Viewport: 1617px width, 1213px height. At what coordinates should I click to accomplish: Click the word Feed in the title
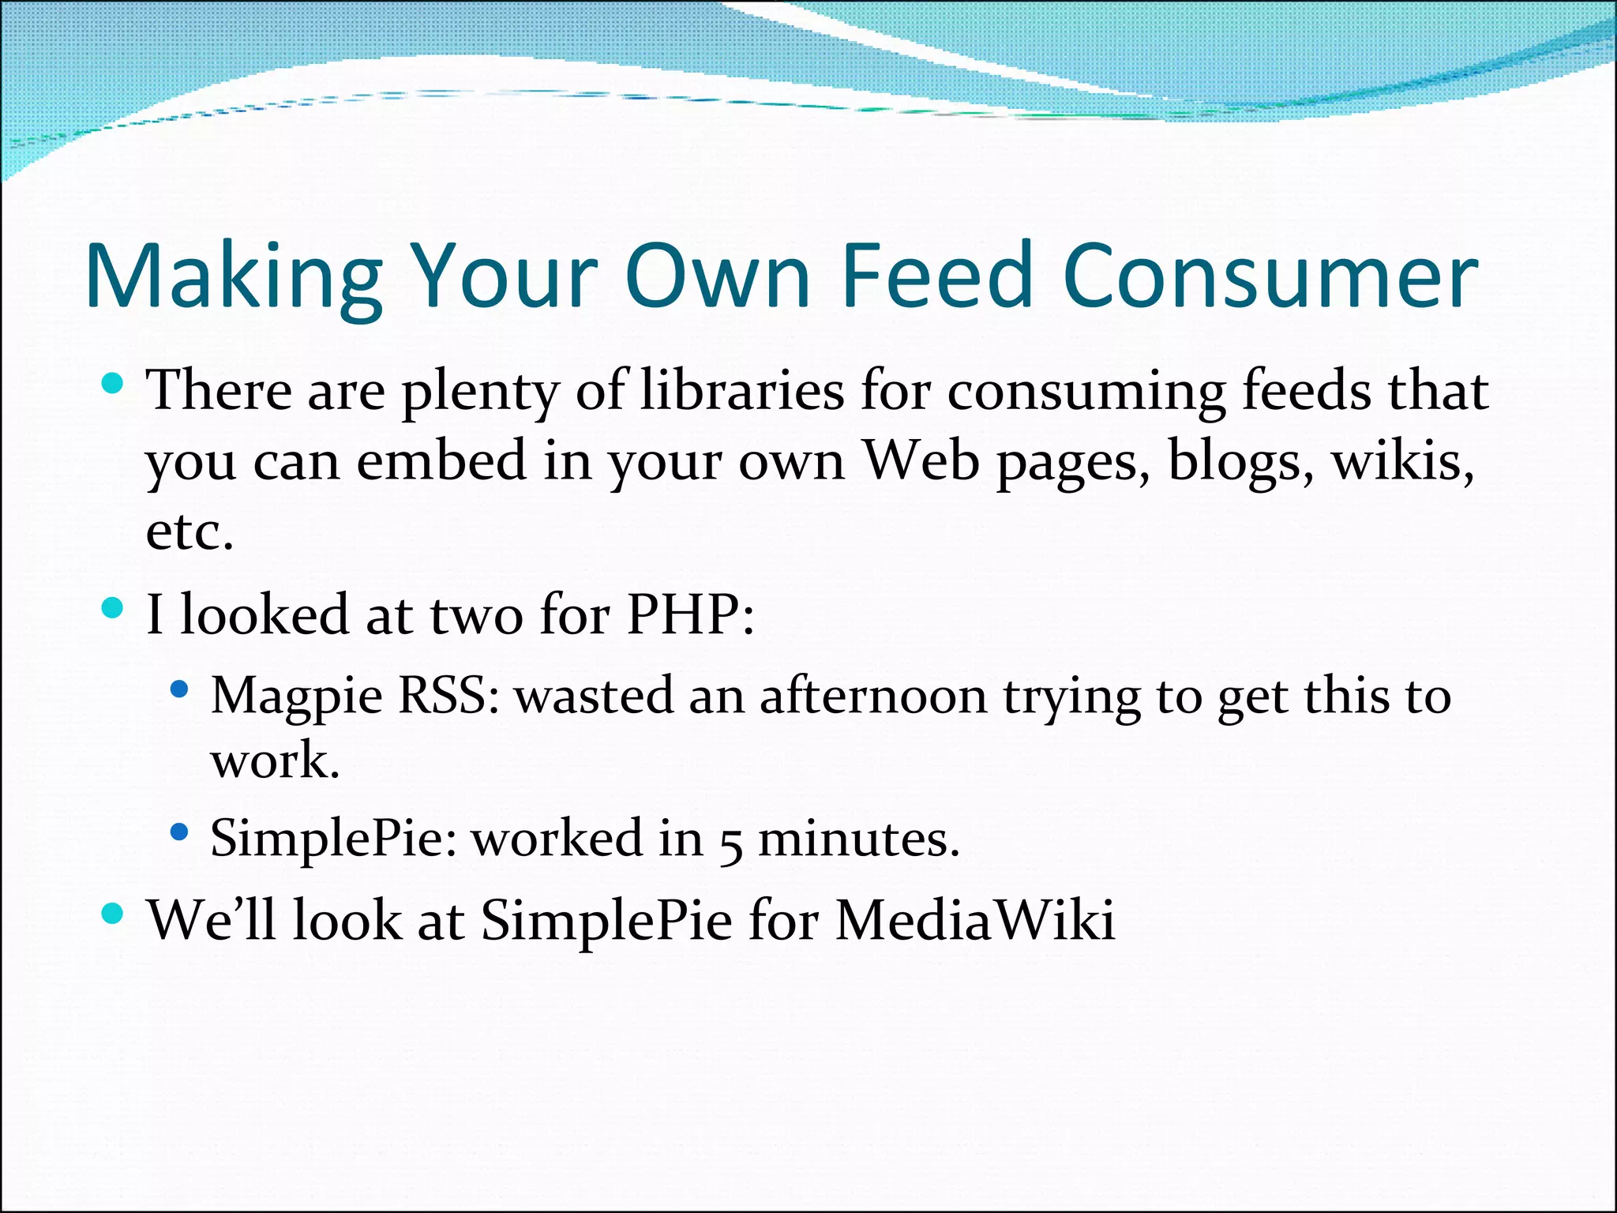936,276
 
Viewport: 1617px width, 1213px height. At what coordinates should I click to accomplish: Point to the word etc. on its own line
190,531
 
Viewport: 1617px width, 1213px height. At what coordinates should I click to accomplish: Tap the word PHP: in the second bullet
691,614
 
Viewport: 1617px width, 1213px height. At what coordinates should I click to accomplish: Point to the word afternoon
872,697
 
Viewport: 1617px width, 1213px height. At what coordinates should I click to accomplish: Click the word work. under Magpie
275,760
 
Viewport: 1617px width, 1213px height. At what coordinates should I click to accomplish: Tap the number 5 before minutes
731,841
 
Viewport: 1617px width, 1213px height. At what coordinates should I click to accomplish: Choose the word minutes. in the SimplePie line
859,838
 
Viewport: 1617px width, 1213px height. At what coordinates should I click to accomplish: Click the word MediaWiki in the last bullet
975,920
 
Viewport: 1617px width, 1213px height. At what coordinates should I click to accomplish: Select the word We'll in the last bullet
212,920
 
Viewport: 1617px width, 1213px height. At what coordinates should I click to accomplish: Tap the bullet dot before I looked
114,608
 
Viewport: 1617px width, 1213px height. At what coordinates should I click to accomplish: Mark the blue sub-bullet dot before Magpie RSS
180,689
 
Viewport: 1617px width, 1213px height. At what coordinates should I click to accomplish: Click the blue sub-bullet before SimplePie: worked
180,832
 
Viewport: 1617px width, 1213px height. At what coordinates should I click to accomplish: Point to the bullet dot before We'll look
114,914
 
